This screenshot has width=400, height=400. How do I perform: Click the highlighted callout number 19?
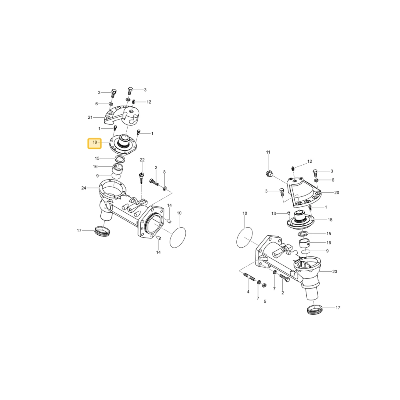[x=95, y=142]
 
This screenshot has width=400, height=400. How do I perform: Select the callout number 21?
[x=90, y=117]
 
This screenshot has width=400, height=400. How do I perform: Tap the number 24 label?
[x=84, y=188]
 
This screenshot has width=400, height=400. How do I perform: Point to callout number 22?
[x=142, y=160]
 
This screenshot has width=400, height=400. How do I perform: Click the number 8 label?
[x=164, y=172]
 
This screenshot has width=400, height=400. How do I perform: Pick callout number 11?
[x=268, y=152]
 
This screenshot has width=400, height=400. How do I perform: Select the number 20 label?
[x=337, y=193]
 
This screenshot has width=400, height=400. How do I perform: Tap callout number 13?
[x=274, y=214]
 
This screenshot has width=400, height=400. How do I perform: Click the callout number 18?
[x=330, y=220]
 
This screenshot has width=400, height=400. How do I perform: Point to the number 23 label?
[x=335, y=272]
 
